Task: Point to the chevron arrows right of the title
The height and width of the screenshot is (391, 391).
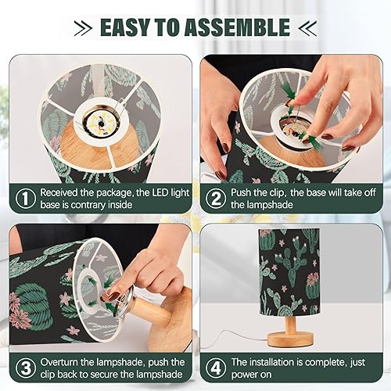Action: pyautogui.click(x=307, y=29)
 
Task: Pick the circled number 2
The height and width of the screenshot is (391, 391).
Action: pyautogui.click(x=214, y=199)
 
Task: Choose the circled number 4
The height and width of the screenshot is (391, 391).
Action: pyautogui.click(x=214, y=368)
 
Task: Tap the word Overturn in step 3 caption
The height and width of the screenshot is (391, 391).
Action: pyautogui.click(x=63, y=362)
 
